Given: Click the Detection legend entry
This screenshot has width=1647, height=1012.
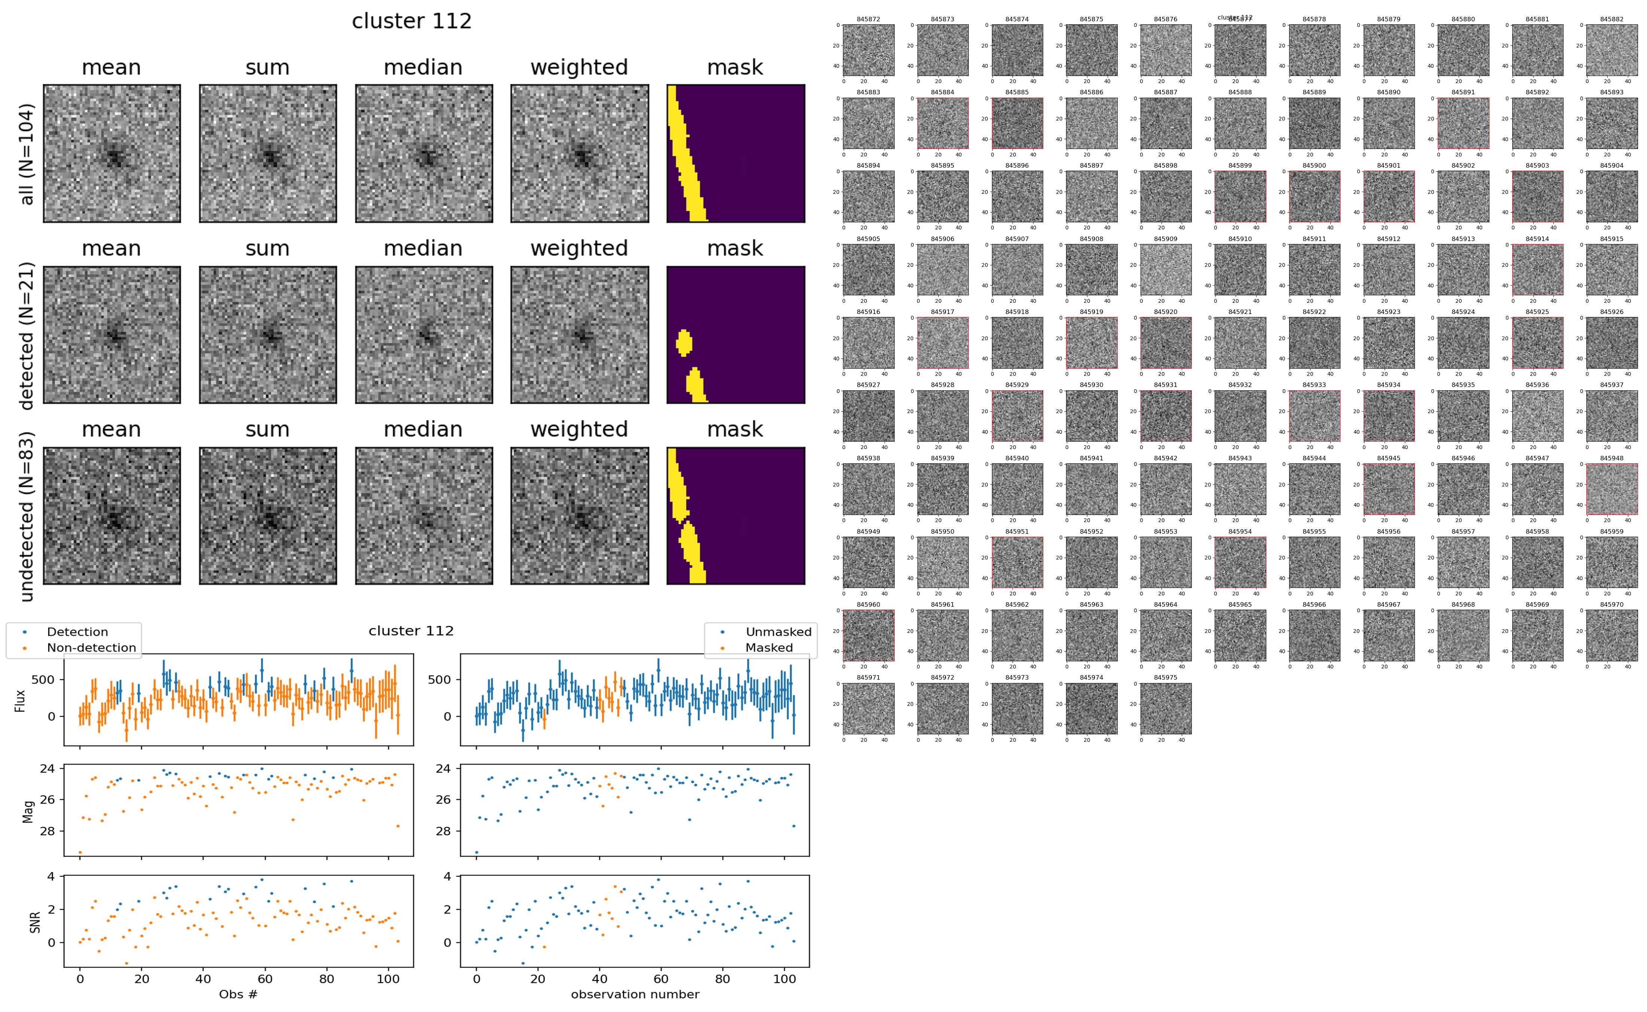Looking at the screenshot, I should (x=77, y=632).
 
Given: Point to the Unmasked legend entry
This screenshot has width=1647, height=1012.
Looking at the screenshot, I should (x=778, y=632).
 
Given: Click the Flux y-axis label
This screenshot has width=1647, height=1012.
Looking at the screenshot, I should (x=20, y=700).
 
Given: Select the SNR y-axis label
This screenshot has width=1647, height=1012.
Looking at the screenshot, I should (x=35, y=922).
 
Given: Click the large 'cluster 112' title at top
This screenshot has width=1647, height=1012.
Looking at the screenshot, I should (x=412, y=21).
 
